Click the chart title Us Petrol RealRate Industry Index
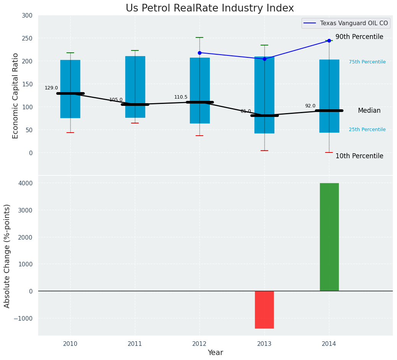point(210,8)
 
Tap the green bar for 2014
point(329,237)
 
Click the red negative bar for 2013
point(264,310)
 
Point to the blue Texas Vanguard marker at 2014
point(329,41)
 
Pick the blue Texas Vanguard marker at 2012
point(199,53)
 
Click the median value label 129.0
point(51,88)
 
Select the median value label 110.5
point(181,97)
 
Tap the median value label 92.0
point(310,106)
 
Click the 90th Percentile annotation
point(359,37)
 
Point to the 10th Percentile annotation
point(359,156)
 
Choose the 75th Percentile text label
point(367,62)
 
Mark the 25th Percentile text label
point(367,130)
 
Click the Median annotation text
point(369,110)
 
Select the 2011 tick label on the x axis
point(135,344)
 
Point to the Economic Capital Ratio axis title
point(16,96)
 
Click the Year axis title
point(216,353)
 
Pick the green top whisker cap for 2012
point(199,37)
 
